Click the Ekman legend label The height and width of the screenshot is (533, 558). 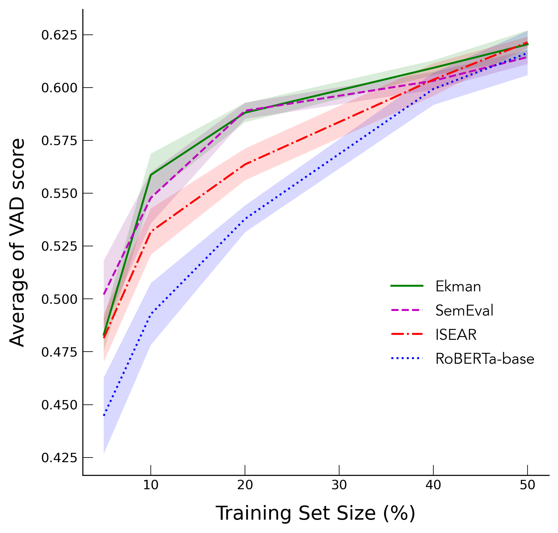458,286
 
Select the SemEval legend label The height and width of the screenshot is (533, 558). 464,310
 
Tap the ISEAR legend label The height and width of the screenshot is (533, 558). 456,335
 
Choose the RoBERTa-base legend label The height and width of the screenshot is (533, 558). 484,359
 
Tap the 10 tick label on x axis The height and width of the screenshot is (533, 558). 151,485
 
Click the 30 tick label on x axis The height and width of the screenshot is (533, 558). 339,485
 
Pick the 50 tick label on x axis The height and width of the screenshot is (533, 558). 527,485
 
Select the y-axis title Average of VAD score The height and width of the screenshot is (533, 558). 17,242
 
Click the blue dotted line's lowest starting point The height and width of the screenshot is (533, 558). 104,416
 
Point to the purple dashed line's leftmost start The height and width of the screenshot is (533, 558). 104,294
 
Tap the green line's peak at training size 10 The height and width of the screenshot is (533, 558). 151,175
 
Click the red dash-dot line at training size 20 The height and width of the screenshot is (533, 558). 245,164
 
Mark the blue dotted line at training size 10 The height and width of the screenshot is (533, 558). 151,314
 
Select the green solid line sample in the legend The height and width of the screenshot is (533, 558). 407,286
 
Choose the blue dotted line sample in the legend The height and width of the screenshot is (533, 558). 407,358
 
